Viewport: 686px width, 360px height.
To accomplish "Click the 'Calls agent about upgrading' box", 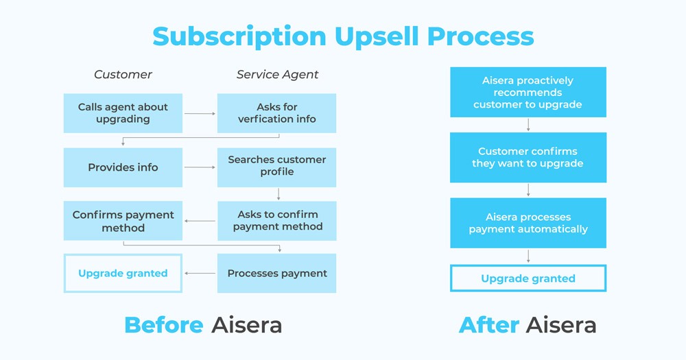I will point(123,113).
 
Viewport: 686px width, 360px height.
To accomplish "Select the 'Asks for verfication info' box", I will point(276,113).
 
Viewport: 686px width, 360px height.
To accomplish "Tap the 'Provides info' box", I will point(123,167).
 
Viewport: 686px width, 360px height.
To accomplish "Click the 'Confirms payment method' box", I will point(123,221).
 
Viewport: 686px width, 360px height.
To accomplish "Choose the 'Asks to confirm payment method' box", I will point(276,221).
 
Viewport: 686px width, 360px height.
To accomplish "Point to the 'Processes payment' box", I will point(276,273).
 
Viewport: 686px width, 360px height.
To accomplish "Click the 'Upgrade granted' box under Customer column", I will point(123,274).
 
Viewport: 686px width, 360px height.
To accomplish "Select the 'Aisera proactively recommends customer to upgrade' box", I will point(528,92).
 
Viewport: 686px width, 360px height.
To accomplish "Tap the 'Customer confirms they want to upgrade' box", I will point(528,157).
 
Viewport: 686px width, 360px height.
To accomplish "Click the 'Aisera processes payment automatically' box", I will point(528,223).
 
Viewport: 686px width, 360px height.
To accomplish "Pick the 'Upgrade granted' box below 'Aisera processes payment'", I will point(528,278).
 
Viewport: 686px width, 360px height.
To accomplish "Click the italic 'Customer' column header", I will point(123,74).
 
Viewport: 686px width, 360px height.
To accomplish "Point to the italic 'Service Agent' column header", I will point(277,74).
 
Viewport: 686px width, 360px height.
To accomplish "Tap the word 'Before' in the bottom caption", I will point(163,324).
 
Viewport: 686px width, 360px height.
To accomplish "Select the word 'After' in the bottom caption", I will point(488,324).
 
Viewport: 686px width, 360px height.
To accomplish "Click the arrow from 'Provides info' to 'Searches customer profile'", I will point(200,167).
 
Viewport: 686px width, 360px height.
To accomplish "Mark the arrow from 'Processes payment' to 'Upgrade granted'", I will point(200,274).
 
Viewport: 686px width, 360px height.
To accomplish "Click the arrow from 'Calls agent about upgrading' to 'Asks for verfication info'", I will point(200,113).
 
